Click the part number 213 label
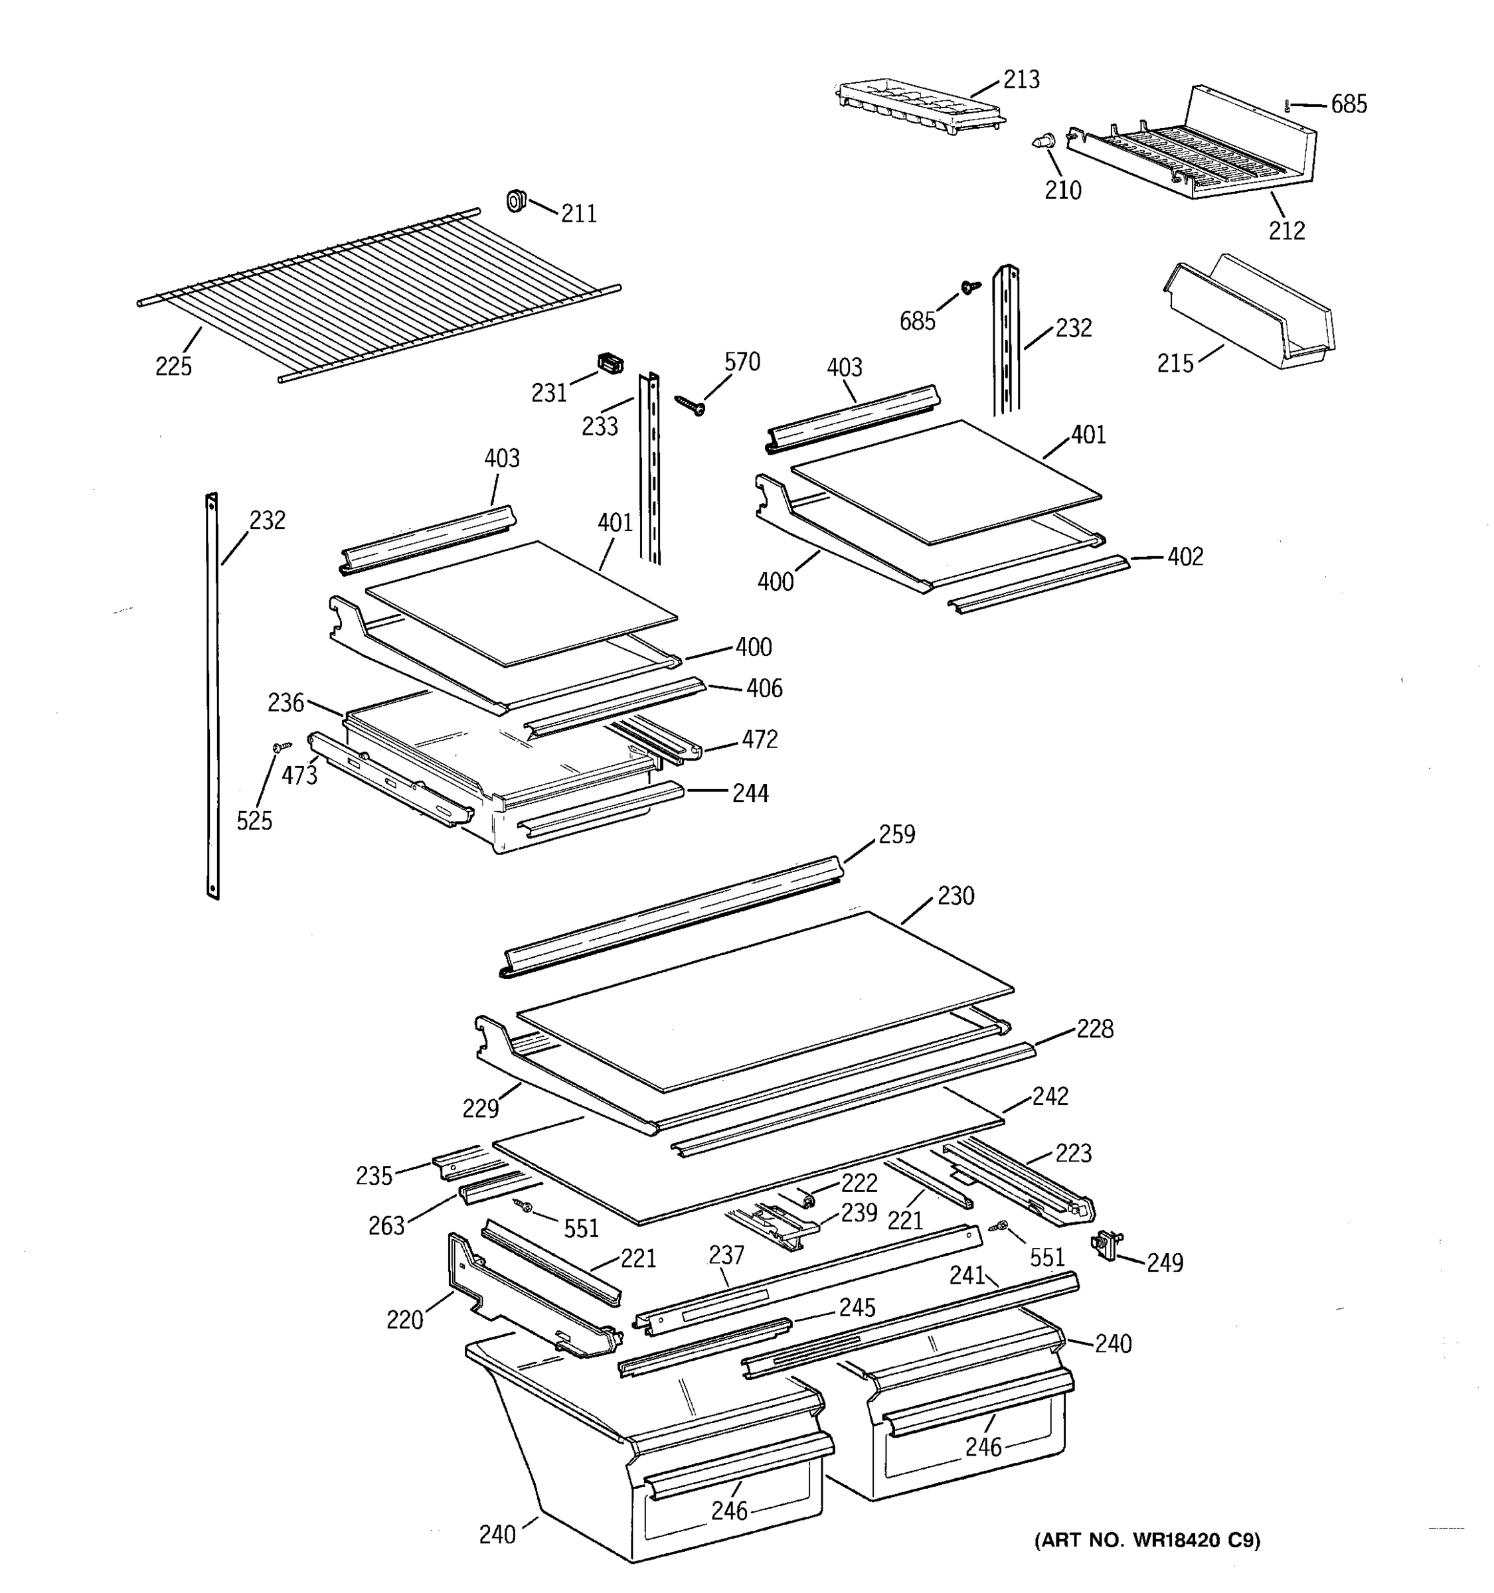pyautogui.click(x=1021, y=80)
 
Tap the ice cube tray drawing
pyautogui.click(x=918, y=108)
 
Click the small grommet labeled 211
pyautogui.click(x=515, y=200)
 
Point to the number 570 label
pyautogui.click(x=742, y=362)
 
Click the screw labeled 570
pyautogui.click(x=689, y=405)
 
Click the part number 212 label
pyautogui.click(x=1286, y=231)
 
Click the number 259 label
pyautogui.click(x=896, y=834)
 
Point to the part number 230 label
pyautogui.click(x=955, y=896)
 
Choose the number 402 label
pyautogui.click(x=1185, y=557)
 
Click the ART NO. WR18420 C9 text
pyautogui.click(x=1147, y=1540)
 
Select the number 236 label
pyautogui.click(x=286, y=703)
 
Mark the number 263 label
pyautogui.click(x=386, y=1225)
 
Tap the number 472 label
pyautogui.click(x=759, y=739)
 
